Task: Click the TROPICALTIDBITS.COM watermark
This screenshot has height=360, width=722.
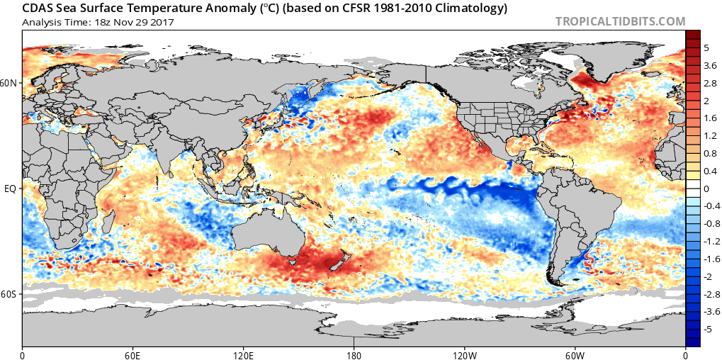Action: (620, 22)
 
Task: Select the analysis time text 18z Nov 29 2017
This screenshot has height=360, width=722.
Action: (132, 22)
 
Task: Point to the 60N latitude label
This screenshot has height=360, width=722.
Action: (10, 83)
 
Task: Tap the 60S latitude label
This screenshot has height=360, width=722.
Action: (10, 293)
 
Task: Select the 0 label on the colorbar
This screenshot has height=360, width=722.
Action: (706, 189)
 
